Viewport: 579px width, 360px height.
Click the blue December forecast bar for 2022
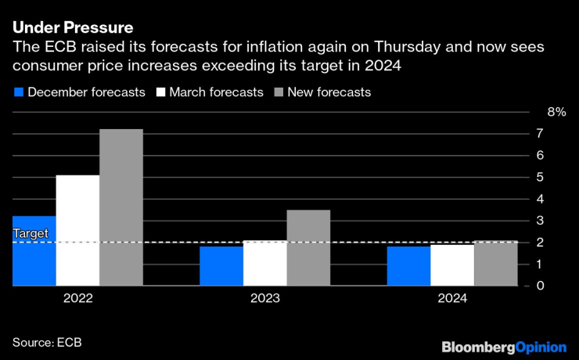click(34, 251)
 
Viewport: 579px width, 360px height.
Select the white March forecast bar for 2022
click(77, 231)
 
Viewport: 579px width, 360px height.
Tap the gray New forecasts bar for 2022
click(121, 207)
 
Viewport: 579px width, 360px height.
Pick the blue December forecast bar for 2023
click(221, 267)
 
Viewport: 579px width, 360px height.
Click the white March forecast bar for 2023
click(264, 264)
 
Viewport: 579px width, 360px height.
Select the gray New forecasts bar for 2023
click(308, 248)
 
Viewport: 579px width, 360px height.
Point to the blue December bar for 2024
click(408, 267)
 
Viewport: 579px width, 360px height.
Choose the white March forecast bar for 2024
click(452, 265)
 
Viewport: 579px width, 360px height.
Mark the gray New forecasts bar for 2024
click(496, 264)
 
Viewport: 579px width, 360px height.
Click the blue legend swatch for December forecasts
click(18, 92)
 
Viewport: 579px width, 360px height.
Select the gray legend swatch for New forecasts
click(279, 92)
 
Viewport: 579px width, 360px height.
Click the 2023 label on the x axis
click(264, 298)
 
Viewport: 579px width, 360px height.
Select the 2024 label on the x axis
click(452, 298)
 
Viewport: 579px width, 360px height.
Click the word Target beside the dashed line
click(31, 233)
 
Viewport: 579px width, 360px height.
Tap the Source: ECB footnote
click(47, 342)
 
